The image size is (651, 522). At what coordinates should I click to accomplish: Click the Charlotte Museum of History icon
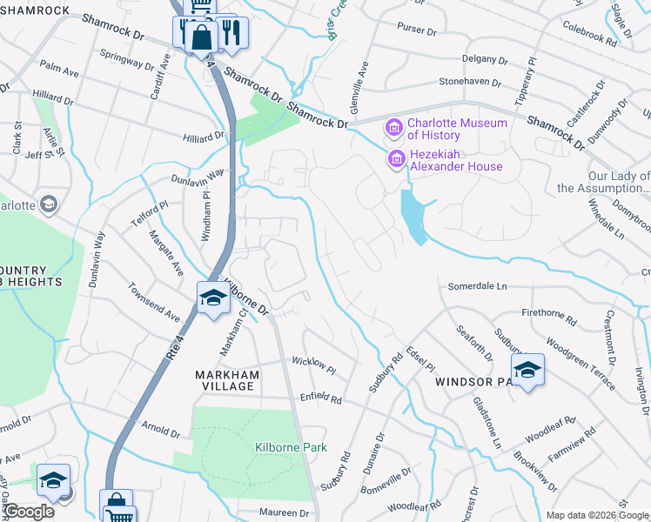(x=394, y=129)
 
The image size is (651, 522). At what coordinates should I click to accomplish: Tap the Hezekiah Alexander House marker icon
(x=397, y=159)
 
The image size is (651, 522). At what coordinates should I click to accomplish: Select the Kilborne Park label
(x=291, y=447)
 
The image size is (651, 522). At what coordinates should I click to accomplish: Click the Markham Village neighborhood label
(x=227, y=381)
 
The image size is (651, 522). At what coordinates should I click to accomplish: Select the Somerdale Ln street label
(x=477, y=286)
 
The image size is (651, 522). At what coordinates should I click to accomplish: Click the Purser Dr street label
(x=417, y=31)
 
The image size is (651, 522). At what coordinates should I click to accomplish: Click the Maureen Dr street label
(x=285, y=513)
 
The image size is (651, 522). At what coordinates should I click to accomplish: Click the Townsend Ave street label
(x=153, y=301)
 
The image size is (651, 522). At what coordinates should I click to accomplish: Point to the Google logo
(x=28, y=512)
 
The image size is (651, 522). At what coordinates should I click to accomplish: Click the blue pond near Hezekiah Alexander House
(x=413, y=214)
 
